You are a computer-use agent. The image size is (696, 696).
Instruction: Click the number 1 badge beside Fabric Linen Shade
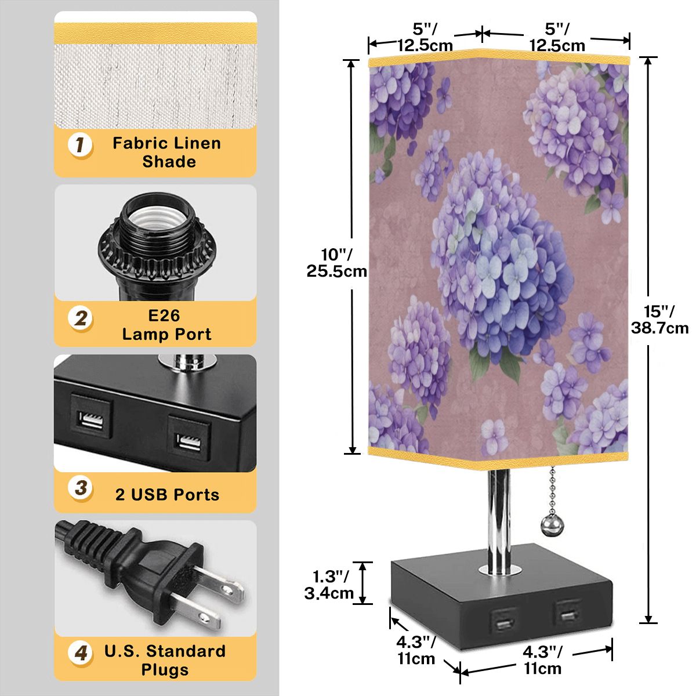pyautogui.click(x=80, y=146)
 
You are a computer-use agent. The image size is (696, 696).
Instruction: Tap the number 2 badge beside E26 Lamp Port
pyautogui.click(x=80, y=319)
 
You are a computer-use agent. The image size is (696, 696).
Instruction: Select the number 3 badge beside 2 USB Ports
pyautogui.click(x=80, y=488)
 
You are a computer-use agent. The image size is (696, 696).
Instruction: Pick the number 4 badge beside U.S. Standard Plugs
pyautogui.click(x=80, y=652)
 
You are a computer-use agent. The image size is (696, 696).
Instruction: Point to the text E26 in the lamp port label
pyautogui.click(x=164, y=316)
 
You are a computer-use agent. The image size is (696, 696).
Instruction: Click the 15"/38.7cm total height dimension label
pyautogui.click(x=659, y=320)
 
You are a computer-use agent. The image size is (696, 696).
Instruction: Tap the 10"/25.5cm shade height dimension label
pyautogui.click(x=336, y=263)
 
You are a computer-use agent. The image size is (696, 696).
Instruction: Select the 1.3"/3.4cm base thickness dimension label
pyautogui.click(x=329, y=585)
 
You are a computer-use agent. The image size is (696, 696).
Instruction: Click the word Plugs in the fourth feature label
pyautogui.click(x=165, y=669)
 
